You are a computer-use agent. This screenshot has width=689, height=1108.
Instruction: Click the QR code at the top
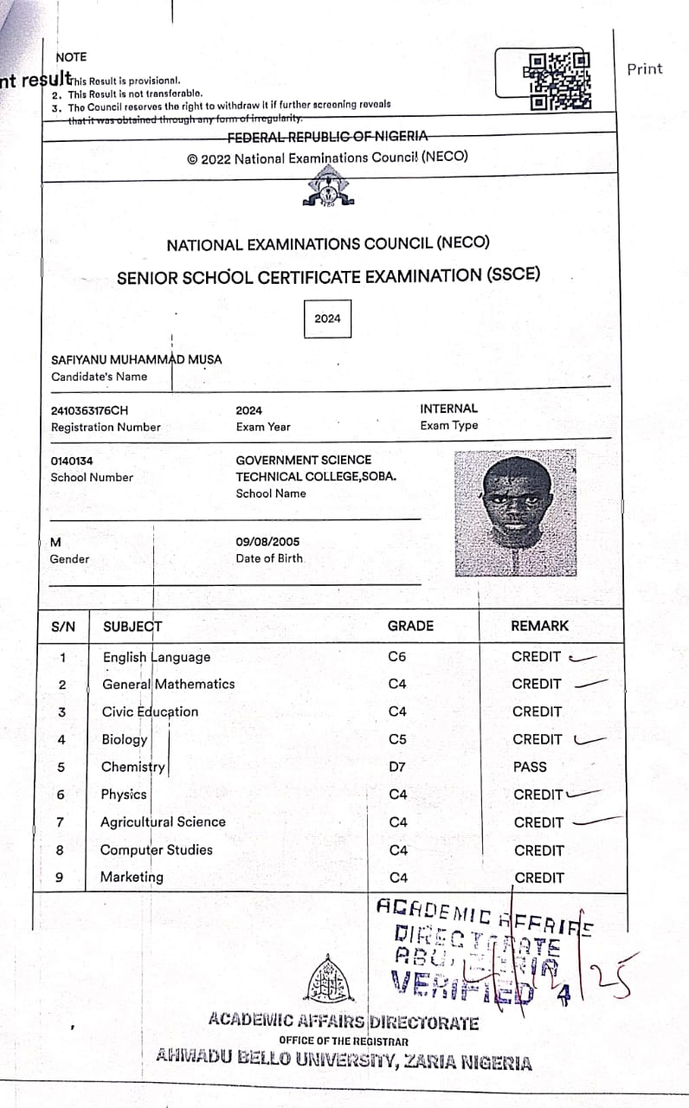[x=559, y=81]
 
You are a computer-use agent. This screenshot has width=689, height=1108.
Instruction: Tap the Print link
[x=644, y=69]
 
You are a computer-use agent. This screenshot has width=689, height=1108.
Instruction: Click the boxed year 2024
[x=327, y=319]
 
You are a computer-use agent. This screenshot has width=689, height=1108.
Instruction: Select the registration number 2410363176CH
[x=90, y=410]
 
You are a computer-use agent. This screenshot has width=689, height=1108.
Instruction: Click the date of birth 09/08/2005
[x=267, y=542]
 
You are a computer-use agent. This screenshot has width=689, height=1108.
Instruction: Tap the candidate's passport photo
[x=515, y=515]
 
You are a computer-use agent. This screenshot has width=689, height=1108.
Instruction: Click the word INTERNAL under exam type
[x=448, y=409]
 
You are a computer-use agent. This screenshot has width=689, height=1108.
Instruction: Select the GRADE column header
[x=410, y=626]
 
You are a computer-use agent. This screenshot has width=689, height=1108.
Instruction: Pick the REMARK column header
[x=540, y=626]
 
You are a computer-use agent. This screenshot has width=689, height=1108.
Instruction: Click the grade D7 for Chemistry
[x=396, y=767]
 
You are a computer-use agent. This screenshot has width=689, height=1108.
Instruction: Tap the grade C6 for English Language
[x=397, y=657]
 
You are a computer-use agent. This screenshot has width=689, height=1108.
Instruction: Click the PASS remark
[x=530, y=767]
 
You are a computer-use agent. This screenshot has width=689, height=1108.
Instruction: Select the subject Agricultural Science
[x=163, y=822]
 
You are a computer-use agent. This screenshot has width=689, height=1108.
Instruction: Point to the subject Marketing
[x=132, y=877]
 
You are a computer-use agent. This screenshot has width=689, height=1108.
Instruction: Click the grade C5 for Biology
[x=397, y=740]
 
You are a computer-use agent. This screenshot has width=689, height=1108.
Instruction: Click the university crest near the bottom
[x=332, y=979]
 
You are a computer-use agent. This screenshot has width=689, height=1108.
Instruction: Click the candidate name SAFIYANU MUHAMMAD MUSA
[x=136, y=359]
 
